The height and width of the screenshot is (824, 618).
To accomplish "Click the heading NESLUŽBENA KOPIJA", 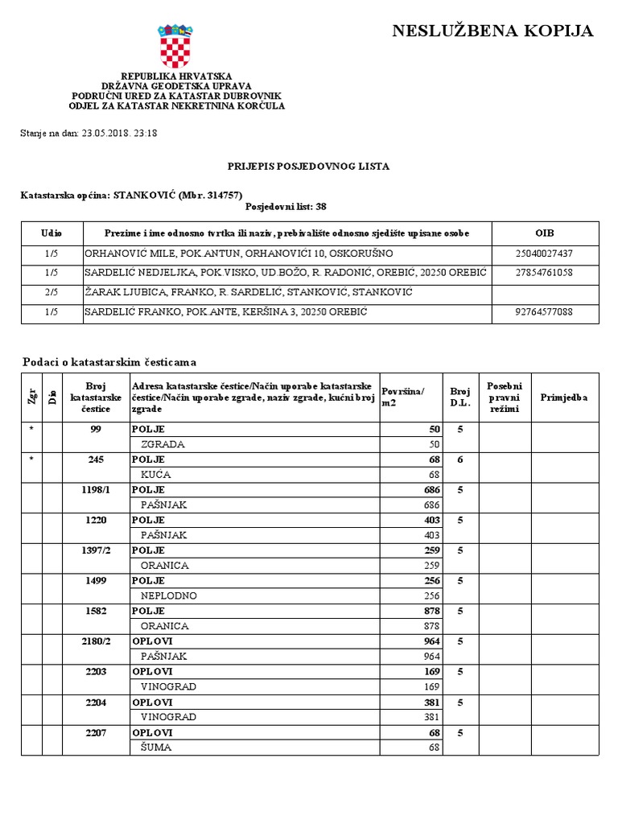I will (x=492, y=31).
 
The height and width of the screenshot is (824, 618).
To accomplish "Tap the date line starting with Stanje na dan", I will (x=89, y=134).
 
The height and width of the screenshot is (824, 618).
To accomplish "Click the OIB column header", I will (x=544, y=233).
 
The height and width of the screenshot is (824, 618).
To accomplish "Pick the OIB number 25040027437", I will (x=544, y=253).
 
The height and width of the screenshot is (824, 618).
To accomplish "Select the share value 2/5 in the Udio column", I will (x=51, y=292).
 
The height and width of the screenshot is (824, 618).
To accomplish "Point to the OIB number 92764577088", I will (x=544, y=311).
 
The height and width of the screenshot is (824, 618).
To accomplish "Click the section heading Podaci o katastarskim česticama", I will (x=109, y=363).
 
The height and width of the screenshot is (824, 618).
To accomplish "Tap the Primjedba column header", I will (x=564, y=398).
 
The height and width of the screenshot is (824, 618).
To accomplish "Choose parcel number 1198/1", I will (x=96, y=490).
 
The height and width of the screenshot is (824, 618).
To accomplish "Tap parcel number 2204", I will (x=96, y=702).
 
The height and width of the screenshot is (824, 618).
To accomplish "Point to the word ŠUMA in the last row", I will (x=156, y=747).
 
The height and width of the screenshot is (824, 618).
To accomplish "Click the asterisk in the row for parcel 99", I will (x=31, y=430).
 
